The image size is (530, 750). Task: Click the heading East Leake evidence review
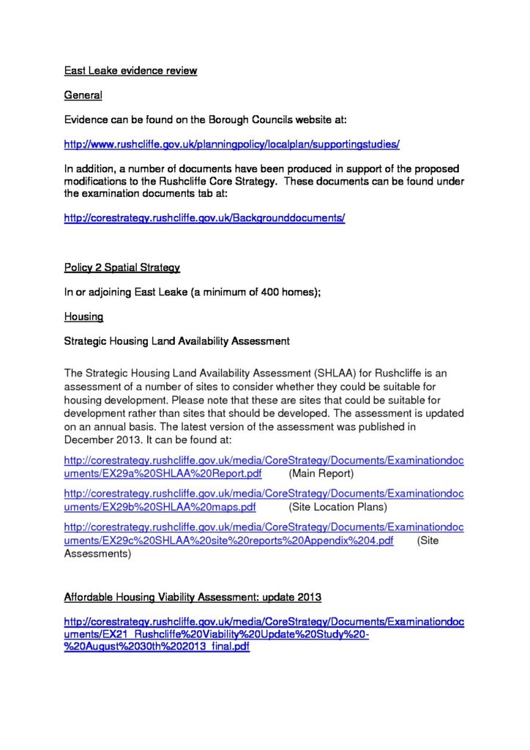[130, 71]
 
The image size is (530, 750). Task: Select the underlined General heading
[83, 95]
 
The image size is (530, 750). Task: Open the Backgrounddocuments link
[204, 218]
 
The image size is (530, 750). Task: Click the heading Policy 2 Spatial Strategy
[122, 267]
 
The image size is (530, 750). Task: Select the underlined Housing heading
[83, 316]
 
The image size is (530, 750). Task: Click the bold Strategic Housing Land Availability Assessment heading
[177, 341]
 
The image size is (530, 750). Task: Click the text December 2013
[100, 439]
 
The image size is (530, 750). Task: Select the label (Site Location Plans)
[338, 507]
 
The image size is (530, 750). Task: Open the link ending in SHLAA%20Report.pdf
[163, 474]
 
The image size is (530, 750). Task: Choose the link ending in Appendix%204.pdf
[228, 541]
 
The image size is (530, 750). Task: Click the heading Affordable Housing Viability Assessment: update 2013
[193, 597]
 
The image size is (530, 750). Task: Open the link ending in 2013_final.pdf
[157, 647]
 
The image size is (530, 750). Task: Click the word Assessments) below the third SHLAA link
[97, 554]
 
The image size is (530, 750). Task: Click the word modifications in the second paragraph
[98, 181]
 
